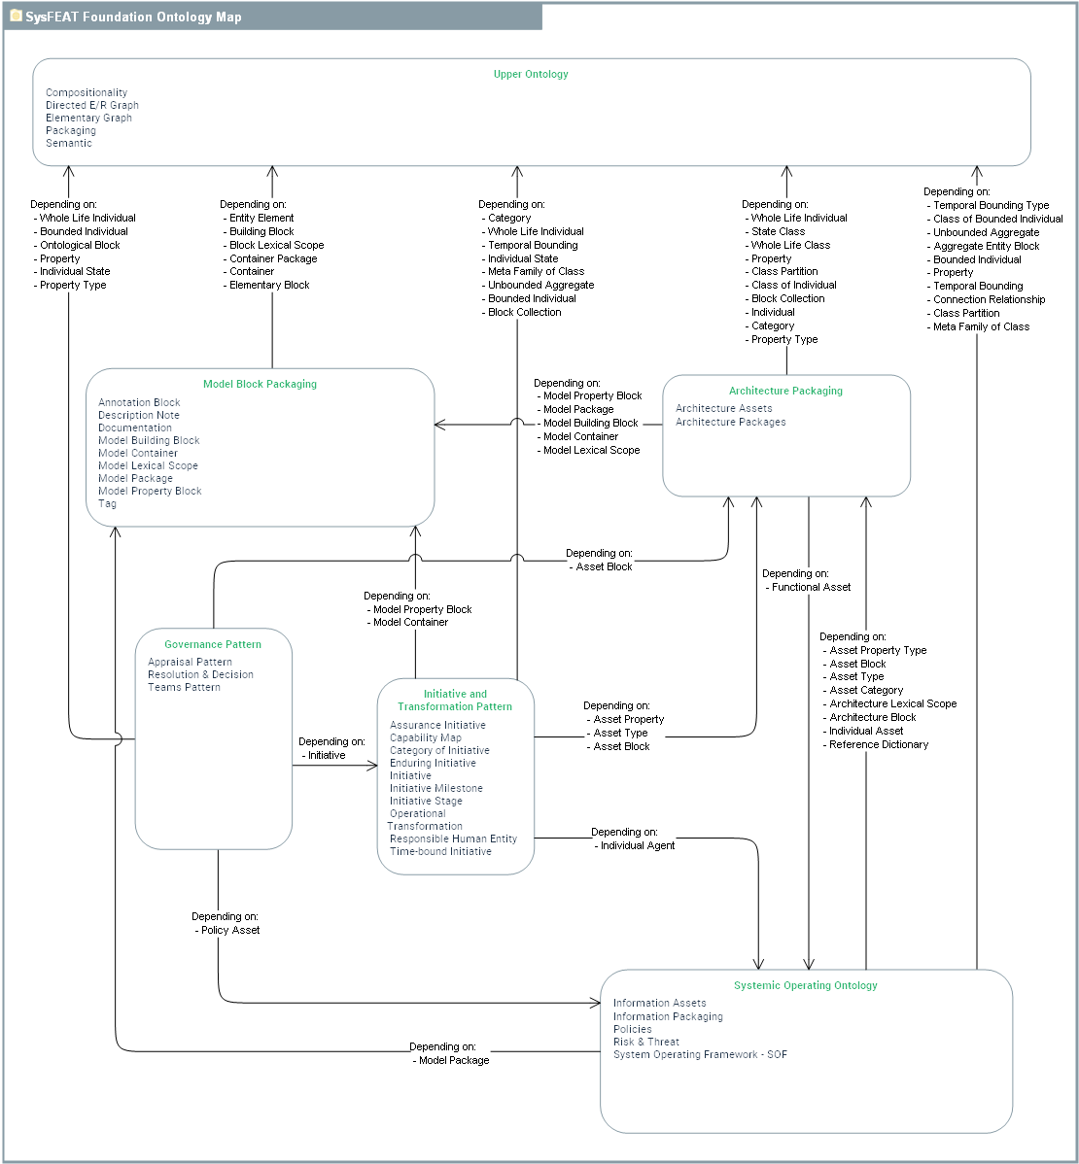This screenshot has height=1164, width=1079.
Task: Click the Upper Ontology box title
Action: (x=531, y=74)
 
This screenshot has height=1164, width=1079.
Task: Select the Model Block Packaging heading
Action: (x=260, y=384)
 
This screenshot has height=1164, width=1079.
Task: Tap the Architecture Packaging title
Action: (x=785, y=391)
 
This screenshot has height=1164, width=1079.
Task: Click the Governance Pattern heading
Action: (x=213, y=644)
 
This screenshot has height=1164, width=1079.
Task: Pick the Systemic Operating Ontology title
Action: (x=805, y=985)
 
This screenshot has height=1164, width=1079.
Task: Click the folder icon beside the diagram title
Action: (x=16, y=17)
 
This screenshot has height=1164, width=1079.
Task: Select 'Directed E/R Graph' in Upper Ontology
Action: (x=92, y=105)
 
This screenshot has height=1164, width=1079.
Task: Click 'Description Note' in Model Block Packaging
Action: (x=139, y=415)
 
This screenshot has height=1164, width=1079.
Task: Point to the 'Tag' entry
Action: (x=107, y=503)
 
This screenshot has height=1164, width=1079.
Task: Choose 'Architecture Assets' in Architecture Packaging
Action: (x=724, y=408)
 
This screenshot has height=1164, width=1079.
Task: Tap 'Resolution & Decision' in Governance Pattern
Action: (x=200, y=674)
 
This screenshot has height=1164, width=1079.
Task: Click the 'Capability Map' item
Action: (x=426, y=737)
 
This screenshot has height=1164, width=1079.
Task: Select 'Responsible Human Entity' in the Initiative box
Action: (x=453, y=839)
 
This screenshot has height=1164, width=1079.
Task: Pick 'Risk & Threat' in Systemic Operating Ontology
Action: (x=646, y=1042)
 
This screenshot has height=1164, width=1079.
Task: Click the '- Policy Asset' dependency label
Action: (x=228, y=930)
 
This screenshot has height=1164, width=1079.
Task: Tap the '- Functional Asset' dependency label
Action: (x=809, y=587)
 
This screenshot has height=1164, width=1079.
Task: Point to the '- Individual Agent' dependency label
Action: (x=636, y=845)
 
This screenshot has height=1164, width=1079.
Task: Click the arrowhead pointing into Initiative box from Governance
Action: (x=372, y=766)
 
